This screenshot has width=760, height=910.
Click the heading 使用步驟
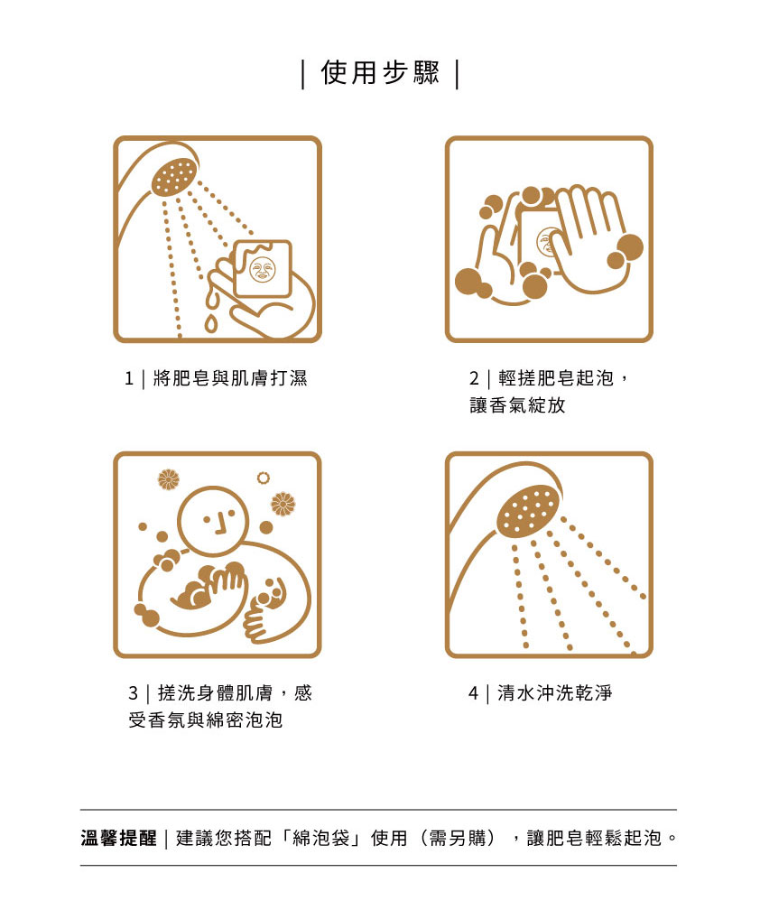[380, 73]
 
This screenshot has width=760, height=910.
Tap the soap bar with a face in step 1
[263, 269]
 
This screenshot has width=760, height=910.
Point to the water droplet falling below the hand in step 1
[210, 323]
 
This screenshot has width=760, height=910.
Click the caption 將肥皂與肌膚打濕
[230, 378]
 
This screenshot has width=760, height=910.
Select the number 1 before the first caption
[129, 379]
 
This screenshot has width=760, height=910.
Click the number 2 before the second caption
[474, 379]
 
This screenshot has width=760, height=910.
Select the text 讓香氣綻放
[517, 405]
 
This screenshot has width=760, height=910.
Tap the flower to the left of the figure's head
[169, 479]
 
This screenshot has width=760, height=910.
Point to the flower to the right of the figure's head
[283, 504]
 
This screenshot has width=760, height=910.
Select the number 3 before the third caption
[134, 693]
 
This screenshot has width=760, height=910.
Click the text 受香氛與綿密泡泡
[206, 720]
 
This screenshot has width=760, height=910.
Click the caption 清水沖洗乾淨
[554, 693]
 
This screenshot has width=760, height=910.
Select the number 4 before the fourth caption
[473, 693]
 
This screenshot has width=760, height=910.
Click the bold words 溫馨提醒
[119, 838]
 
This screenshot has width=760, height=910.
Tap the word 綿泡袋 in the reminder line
[321, 838]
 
